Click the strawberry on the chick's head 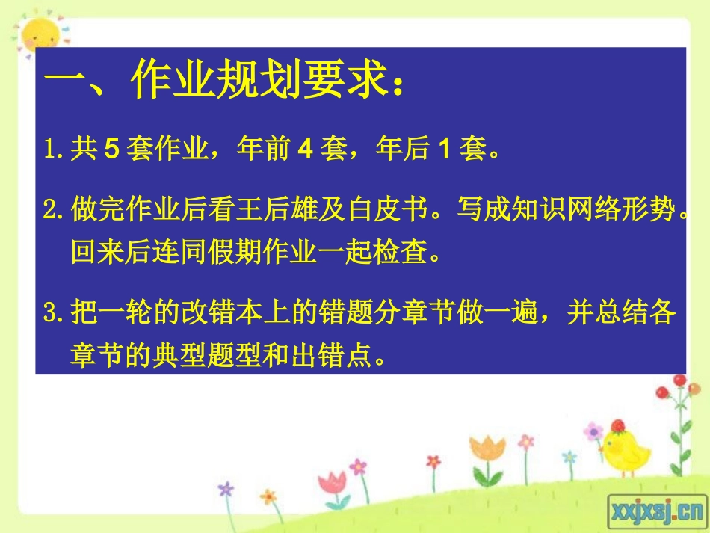(x=617, y=426)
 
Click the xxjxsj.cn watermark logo (x=657, y=510)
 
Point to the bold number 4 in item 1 (x=305, y=150)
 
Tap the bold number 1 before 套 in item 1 (x=442, y=150)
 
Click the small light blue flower (x=569, y=456)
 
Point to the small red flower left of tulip (x=433, y=462)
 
